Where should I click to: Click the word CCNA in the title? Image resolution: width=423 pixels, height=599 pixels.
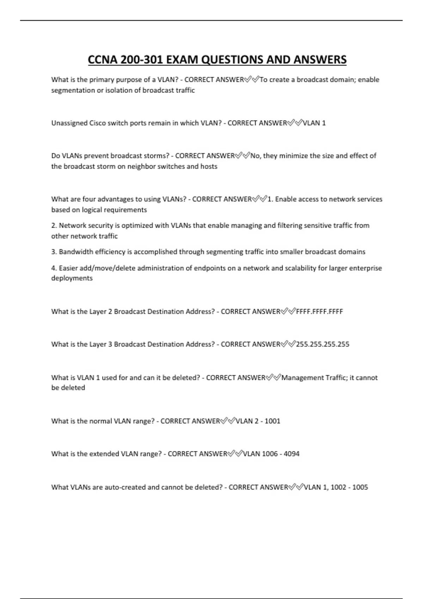103,60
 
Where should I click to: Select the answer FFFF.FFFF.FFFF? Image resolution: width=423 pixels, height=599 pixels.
319,311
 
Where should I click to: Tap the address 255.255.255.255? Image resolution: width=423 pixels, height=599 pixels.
323,344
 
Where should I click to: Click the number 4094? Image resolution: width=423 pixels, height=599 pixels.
292,454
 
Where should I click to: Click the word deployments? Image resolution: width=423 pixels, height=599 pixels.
72,278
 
